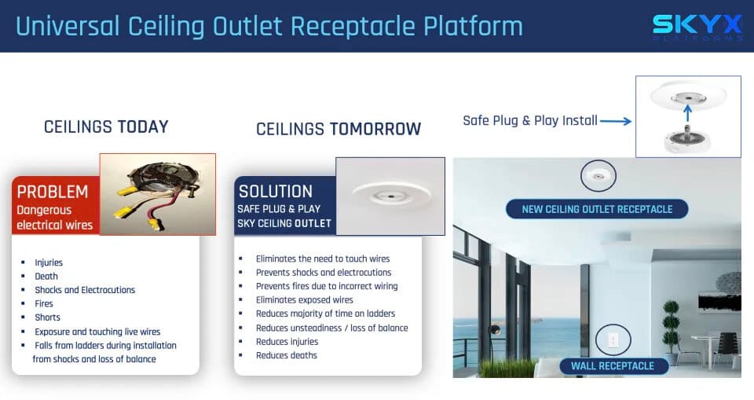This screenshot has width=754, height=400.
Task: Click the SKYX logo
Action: tap(697, 28)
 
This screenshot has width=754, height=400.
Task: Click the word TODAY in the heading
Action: tap(143, 127)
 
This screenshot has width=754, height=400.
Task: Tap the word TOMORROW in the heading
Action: tap(375, 129)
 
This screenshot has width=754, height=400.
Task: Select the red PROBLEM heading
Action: tap(53, 192)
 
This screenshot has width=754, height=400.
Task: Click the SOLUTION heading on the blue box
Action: tap(276, 192)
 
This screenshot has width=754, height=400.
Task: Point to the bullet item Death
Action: tap(46, 277)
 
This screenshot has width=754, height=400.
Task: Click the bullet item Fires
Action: tap(44, 303)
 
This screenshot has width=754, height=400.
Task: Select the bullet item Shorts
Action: tap(48, 317)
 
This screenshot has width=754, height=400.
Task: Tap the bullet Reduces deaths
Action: tap(287, 355)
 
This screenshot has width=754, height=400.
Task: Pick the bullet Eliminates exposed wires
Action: tap(305, 300)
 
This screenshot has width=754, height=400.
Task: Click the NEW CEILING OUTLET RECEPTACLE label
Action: tap(597, 209)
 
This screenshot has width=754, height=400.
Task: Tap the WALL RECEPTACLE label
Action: tap(613, 366)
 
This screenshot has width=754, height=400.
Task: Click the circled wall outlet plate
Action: tap(613, 339)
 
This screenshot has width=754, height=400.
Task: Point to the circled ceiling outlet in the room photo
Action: tap(598, 176)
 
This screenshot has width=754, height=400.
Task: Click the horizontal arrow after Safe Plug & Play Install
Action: tap(616, 121)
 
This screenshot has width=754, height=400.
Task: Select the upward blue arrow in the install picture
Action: tap(688, 114)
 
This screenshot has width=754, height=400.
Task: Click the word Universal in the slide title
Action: tap(68, 27)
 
